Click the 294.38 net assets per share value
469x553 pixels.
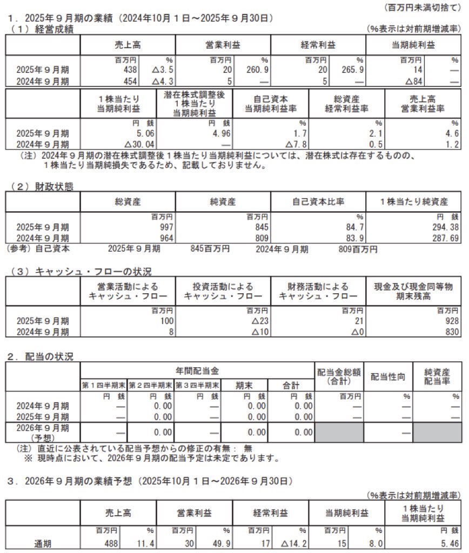click(x=444, y=227)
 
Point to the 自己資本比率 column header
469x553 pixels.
click(x=318, y=202)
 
